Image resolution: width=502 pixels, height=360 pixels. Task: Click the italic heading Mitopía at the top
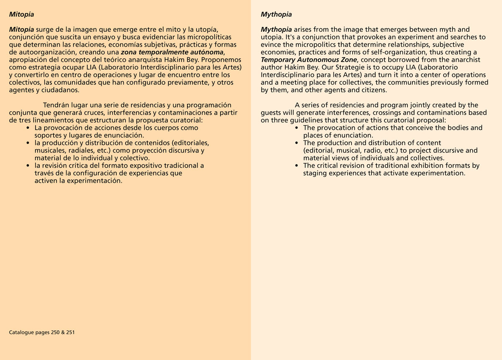pos(21,14)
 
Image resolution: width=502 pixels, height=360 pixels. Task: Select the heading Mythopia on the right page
pos(276,14)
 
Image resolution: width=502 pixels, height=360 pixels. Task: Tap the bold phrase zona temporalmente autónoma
pos(173,52)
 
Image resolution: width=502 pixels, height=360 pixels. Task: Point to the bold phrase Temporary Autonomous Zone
pos(309,60)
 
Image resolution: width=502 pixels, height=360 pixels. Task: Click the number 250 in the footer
pos(56,332)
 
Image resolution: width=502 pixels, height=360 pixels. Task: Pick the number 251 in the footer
pos(70,332)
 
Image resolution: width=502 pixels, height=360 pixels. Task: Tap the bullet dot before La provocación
pos(28,128)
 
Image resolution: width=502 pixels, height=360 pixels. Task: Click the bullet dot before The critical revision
pos(297,166)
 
